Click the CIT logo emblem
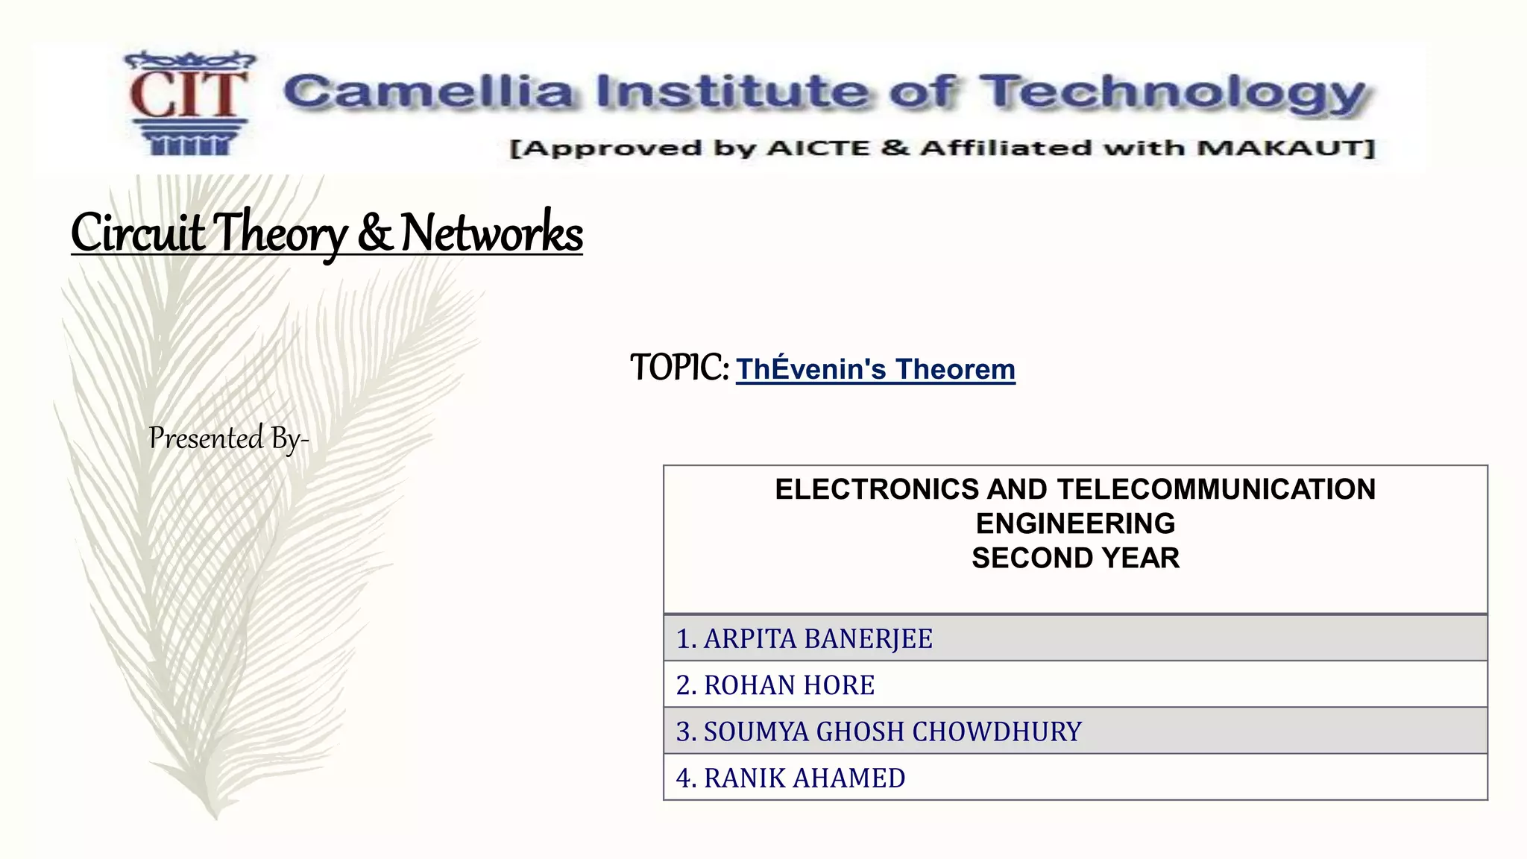coord(188,103)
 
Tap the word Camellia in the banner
coord(428,92)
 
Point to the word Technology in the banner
coord(1173,94)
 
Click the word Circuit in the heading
coord(137,233)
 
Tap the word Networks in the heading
coord(491,233)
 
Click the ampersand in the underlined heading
coord(374,233)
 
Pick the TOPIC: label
coord(679,368)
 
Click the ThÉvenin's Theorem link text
coord(875,369)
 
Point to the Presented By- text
coord(228,438)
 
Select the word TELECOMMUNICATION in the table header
coord(1216,489)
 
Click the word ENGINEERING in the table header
coord(1075,523)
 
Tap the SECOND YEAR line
coord(1075,558)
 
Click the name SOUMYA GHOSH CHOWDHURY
coord(892,731)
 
